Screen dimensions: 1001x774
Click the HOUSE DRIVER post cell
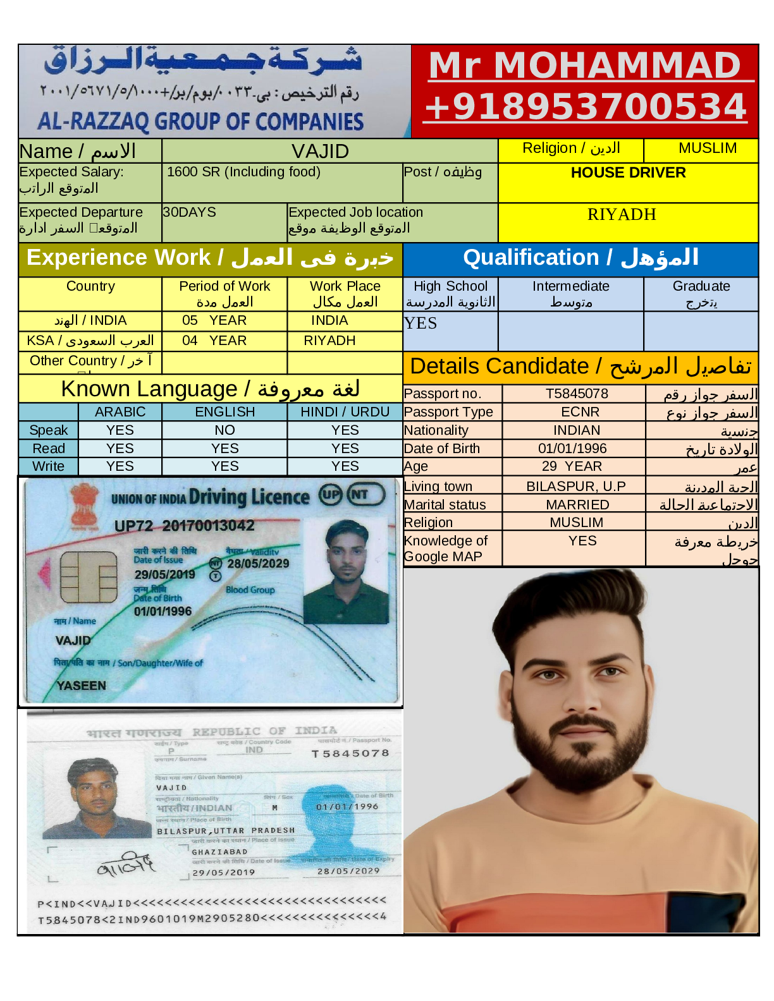click(628, 173)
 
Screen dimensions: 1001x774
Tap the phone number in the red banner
click(586, 107)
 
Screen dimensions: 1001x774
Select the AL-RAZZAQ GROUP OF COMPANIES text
click(200, 121)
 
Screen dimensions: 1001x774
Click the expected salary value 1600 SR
click(243, 172)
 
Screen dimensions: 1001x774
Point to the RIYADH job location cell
click(622, 215)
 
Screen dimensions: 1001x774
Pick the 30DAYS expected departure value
click(190, 212)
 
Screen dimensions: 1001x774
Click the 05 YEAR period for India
click(214, 320)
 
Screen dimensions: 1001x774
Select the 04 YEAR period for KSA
click(214, 341)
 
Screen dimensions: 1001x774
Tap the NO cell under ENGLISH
click(224, 430)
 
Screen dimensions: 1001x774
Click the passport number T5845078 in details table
click(577, 394)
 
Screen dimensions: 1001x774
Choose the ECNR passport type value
click(580, 412)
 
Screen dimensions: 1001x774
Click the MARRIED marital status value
click(577, 505)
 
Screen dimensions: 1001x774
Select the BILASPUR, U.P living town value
click(576, 487)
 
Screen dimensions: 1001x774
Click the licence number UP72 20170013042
click(184, 526)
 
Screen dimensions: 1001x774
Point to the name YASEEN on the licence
click(82, 686)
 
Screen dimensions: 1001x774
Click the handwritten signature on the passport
click(126, 865)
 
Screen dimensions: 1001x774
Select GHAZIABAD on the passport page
click(219, 852)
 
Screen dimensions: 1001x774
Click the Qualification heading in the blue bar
click(580, 258)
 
